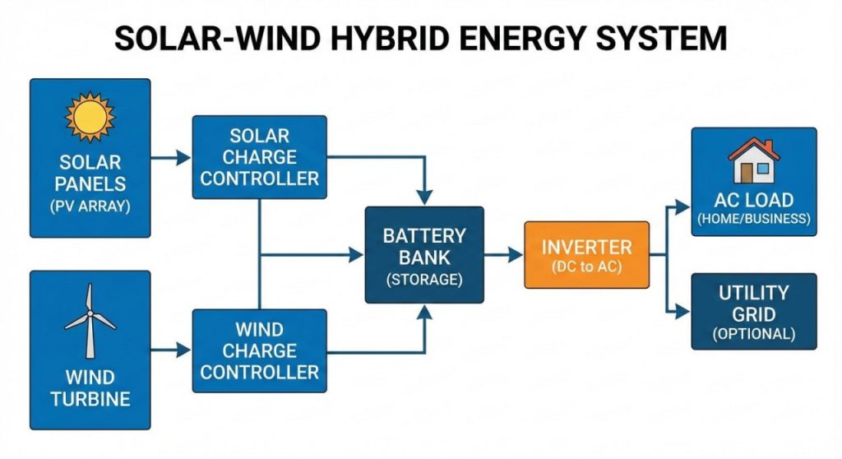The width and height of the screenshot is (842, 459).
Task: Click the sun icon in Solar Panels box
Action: [90, 117]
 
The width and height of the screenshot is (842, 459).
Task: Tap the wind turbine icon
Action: [90, 320]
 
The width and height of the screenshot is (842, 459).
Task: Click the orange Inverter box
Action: [586, 254]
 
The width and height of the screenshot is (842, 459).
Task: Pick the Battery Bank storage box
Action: [424, 255]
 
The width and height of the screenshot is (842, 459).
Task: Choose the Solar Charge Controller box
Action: [259, 156]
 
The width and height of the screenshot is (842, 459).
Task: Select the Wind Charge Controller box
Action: [259, 350]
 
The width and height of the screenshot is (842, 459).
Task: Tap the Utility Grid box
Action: [754, 312]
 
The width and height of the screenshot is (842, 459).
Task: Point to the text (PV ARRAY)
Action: [90, 206]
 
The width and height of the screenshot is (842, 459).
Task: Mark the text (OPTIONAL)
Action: [754, 334]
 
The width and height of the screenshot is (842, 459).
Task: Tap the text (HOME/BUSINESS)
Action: [754, 220]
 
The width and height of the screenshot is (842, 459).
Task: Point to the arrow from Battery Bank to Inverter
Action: [503, 255]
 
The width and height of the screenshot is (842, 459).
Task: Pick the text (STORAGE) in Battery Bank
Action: [424, 280]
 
